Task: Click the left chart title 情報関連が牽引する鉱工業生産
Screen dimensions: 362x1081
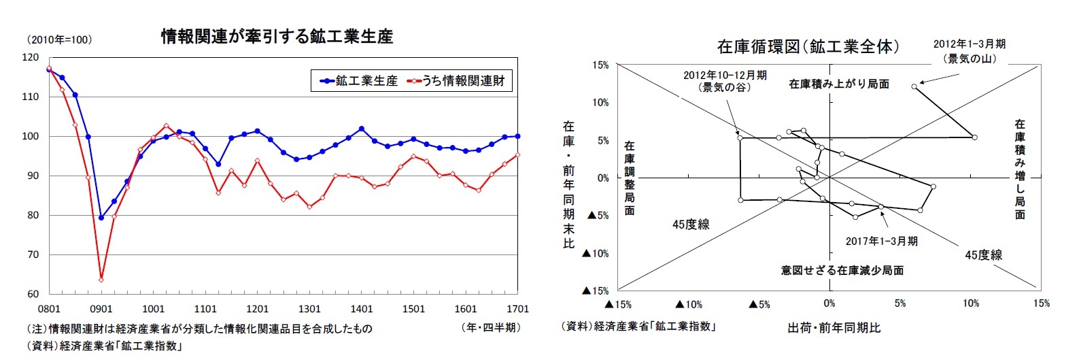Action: pos(277,37)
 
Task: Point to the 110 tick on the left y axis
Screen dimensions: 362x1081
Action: pos(31,97)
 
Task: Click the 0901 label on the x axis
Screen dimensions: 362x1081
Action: pos(101,309)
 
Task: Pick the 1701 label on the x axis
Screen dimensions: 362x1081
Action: pos(517,309)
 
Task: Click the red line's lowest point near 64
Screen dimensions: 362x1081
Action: pos(101,280)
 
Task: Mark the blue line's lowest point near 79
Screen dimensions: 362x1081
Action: pos(101,218)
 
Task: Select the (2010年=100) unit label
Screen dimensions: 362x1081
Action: pos(60,40)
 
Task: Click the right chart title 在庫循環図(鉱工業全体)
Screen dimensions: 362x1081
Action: pos(808,47)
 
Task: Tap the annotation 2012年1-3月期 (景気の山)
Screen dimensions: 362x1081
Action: pos(969,51)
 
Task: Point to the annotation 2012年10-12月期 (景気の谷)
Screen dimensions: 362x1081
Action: pos(725,81)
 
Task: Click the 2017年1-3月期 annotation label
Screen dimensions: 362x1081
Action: pos(881,241)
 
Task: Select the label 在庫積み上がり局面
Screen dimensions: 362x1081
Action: pos(839,84)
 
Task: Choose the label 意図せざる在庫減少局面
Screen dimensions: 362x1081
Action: pos(842,270)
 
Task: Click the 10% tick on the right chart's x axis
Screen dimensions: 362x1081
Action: pos(970,303)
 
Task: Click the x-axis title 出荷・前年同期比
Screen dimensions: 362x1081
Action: pos(834,328)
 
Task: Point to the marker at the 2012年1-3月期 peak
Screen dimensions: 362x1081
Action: pos(914,86)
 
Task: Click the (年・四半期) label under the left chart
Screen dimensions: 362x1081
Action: pos(491,328)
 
